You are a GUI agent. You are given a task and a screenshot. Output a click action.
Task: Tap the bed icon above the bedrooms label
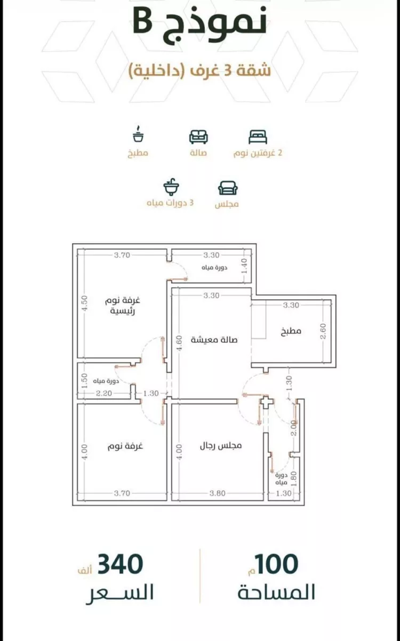click(258, 137)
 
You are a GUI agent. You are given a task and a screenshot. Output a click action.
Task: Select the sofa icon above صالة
click(198, 137)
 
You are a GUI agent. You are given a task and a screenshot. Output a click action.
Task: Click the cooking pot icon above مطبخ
click(138, 134)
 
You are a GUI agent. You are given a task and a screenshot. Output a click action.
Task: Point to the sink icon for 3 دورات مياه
click(171, 186)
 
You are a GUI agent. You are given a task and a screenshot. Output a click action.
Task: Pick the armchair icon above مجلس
click(228, 188)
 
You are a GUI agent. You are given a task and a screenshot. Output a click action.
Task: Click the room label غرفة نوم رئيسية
click(123, 306)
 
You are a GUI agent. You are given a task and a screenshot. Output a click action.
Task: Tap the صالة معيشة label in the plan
click(214, 340)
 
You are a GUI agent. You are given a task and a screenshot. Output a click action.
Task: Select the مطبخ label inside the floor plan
click(291, 331)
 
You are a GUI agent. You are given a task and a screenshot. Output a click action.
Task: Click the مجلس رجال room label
click(221, 445)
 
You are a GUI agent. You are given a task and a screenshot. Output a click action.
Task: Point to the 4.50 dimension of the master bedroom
click(85, 303)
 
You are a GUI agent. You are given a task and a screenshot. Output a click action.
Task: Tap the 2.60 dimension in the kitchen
click(323, 331)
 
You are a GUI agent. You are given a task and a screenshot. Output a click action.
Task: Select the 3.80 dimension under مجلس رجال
click(218, 493)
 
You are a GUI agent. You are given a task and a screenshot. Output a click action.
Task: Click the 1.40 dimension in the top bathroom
click(244, 266)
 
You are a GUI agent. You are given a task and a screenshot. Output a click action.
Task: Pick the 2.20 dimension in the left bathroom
click(104, 394)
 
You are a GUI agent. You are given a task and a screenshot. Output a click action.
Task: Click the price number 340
click(120, 564)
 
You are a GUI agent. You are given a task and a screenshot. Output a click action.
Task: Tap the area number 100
click(277, 564)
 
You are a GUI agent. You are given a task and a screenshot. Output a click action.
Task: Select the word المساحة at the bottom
click(276, 592)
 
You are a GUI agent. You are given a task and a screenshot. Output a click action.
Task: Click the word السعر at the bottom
click(120, 593)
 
